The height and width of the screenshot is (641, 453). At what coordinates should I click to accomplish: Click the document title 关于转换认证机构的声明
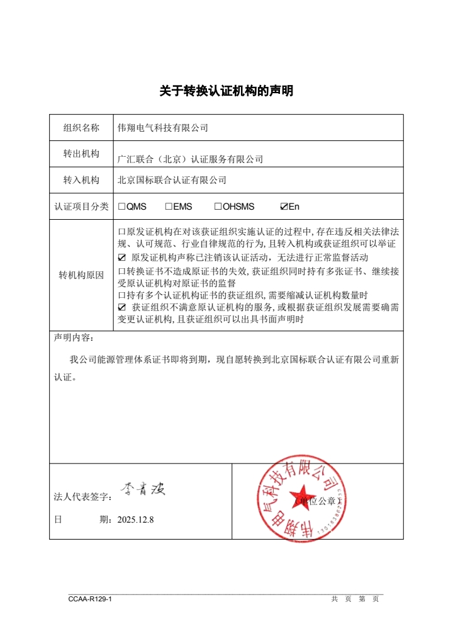point(226,91)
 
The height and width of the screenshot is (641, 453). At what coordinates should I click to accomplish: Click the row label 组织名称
point(81,128)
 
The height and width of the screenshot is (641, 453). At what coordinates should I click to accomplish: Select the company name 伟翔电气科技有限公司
point(163,128)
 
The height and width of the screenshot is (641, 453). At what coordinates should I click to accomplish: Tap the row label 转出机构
point(81,154)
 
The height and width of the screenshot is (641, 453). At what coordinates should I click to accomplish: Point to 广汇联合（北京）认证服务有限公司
point(190,159)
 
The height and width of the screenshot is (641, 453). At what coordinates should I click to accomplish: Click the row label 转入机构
point(81,180)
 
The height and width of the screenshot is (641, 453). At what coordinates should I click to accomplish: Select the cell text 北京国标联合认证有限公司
point(172,180)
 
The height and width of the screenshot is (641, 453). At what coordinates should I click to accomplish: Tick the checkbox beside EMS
point(169,207)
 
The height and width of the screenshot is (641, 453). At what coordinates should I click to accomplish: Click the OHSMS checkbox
point(218,207)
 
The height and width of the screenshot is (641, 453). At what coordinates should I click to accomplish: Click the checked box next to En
point(284,207)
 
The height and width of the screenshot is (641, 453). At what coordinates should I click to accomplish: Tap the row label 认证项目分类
point(81,207)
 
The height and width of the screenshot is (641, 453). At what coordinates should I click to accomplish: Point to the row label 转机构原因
point(81,276)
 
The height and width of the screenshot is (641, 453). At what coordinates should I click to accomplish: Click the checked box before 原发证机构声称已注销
point(122,258)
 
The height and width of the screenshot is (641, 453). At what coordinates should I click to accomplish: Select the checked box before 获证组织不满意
point(122,307)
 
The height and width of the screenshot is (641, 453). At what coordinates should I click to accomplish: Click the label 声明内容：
point(73,338)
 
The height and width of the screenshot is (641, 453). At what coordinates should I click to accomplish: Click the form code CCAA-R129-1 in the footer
point(90,599)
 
